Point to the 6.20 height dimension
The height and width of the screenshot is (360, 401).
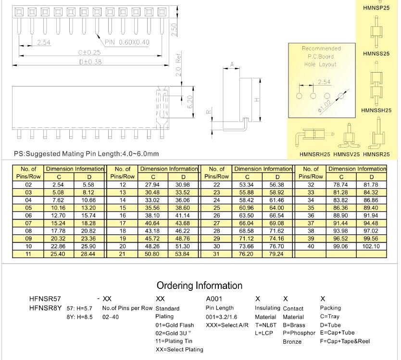pos(189,101)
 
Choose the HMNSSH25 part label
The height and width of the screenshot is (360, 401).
pos(376,110)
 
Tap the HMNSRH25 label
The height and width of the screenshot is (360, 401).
pos(314,154)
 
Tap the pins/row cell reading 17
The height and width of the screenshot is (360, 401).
pos(123,223)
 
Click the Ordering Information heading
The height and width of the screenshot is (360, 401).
pos(200,286)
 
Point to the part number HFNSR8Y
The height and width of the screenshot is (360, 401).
pos(45,308)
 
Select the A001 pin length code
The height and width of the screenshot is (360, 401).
pos(214,299)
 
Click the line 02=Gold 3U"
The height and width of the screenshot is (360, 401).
pos(174,333)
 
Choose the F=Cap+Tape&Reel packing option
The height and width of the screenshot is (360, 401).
pos(345,341)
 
